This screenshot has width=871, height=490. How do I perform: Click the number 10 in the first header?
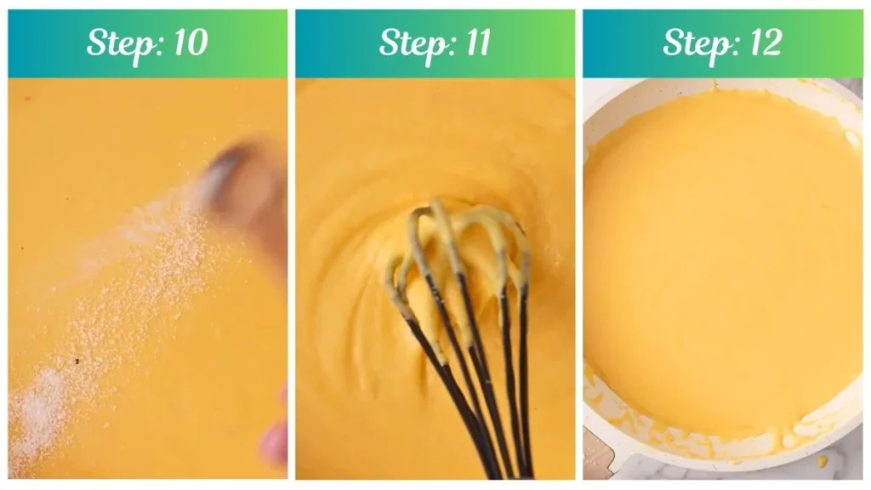point(188,43)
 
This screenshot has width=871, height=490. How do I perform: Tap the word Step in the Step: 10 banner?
point(121,43)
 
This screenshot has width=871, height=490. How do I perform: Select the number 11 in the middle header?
point(473,43)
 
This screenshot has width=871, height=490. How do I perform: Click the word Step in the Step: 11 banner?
point(412,43)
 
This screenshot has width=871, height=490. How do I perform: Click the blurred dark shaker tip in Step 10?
point(234,174)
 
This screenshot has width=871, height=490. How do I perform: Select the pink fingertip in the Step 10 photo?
point(274,442)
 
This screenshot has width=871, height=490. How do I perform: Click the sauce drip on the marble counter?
point(822,462)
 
